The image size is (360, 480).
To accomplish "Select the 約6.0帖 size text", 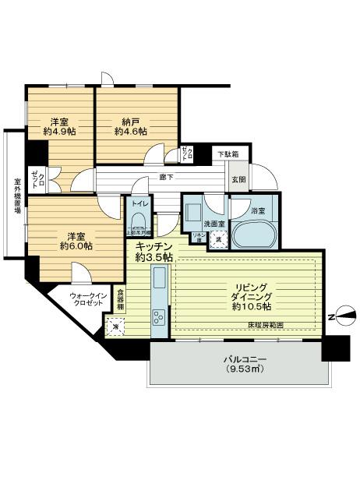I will [x=75, y=246].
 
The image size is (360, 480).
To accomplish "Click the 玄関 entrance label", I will [x=238, y=180].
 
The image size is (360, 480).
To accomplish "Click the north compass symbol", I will [x=342, y=316].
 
